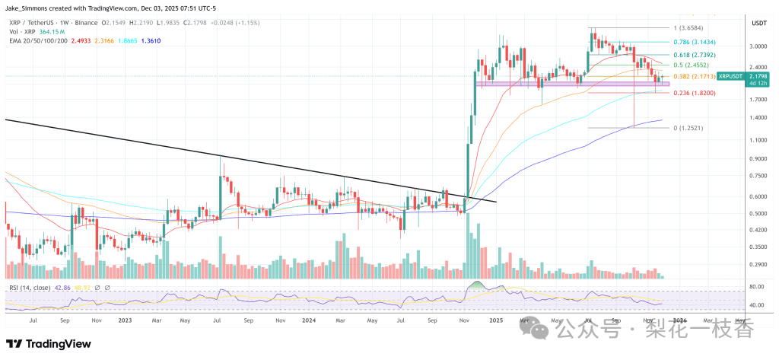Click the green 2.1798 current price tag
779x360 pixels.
click(758, 76)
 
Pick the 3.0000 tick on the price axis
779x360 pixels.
click(758, 46)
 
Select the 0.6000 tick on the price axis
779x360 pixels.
click(758, 196)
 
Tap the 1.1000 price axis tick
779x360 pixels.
click(758, 140)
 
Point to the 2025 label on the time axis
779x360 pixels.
click(495, 321)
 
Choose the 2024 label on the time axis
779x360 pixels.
click(309, 321)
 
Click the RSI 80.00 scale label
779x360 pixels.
click(756, 287)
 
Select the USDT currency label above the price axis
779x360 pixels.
click(758, 24)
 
